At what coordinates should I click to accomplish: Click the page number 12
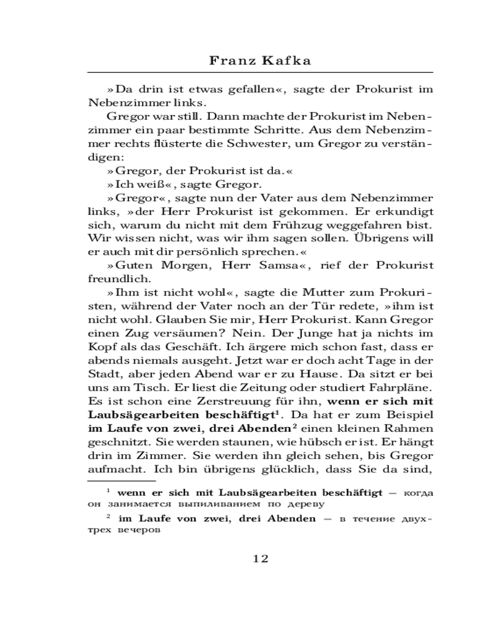tap(260, 559)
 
